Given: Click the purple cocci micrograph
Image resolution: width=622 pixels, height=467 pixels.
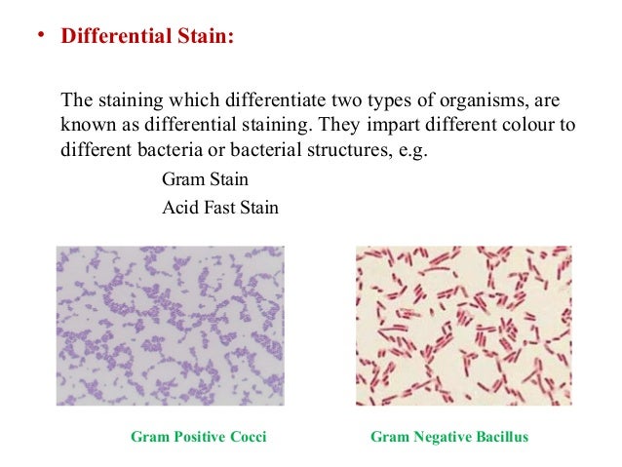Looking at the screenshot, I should [x=171, y=325].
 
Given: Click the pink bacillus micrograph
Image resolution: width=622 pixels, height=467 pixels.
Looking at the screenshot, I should [x=463, y=325].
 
